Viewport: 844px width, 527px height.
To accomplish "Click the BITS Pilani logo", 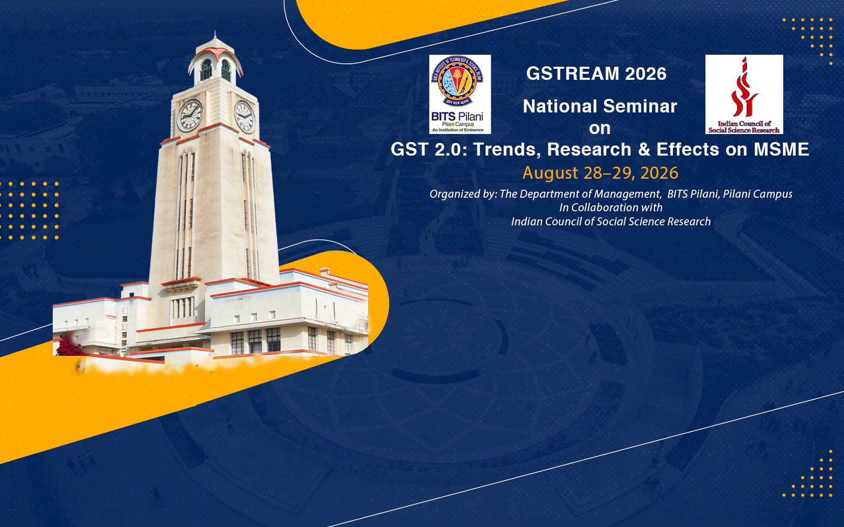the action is point(460,94).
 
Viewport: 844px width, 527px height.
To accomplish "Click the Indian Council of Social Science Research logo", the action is point(744,94).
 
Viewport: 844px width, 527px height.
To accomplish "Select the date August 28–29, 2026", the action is point(600,173).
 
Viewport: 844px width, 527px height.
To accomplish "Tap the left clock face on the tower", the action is point(190,115).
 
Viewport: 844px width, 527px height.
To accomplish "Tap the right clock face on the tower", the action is point(244,117).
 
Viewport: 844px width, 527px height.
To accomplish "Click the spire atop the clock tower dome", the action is point(215,36).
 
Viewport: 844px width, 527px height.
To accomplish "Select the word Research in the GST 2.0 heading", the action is point(589,150).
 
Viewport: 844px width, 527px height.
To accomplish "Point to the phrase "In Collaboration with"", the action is point(611,208).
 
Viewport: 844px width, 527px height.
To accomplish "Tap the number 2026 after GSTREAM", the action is point(646,74).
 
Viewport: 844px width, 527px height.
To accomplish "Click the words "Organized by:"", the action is point(463,194).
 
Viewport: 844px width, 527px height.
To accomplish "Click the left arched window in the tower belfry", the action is point(206,70).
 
